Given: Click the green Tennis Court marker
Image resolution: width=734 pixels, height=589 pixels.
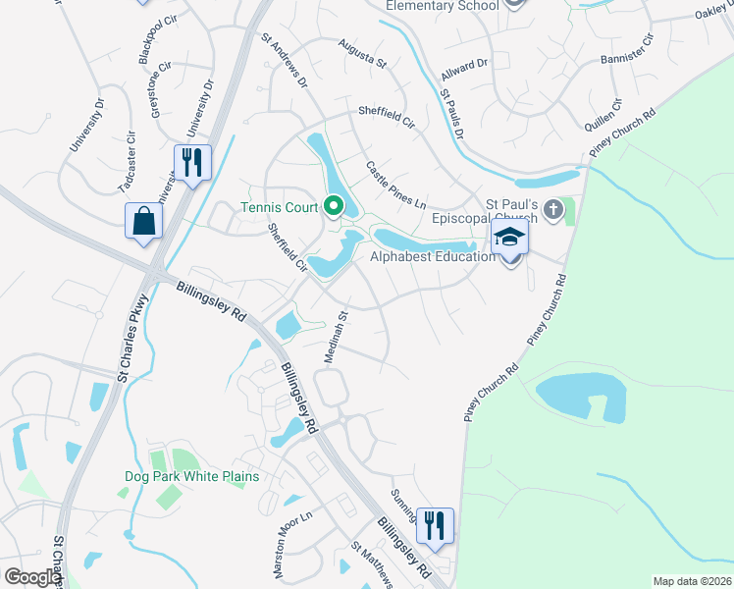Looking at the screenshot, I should tap(333, 207).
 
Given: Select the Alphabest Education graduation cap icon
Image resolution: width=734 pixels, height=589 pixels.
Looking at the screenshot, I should tap(509, 237).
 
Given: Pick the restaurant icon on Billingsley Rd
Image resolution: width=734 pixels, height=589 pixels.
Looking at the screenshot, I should tap(434, 525).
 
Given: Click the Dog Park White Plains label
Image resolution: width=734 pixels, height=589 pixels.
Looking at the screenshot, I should tap(191, 476).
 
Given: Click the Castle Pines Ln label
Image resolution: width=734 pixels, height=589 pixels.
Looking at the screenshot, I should tap(395, 184).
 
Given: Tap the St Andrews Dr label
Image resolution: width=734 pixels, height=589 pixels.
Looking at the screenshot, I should tap(284, 60).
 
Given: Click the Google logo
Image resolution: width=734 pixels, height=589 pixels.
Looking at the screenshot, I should tap(31, 577).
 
